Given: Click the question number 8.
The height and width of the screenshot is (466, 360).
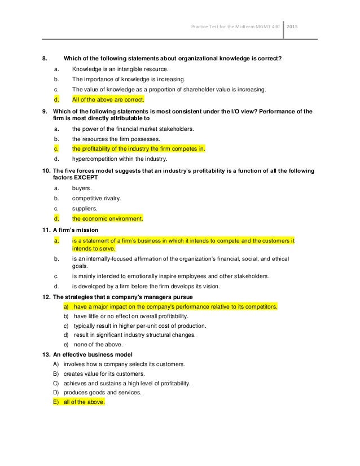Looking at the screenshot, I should [x=46, y=58].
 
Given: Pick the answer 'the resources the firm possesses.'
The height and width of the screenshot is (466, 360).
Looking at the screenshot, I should [x=116, y=139].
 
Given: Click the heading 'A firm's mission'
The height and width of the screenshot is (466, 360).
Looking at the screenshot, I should [x=75, y=230].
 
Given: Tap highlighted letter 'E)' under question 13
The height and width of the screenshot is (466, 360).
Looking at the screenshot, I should [x=56, y=403].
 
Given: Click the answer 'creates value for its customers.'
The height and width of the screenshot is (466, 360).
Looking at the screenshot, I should [x=104, y=373].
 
